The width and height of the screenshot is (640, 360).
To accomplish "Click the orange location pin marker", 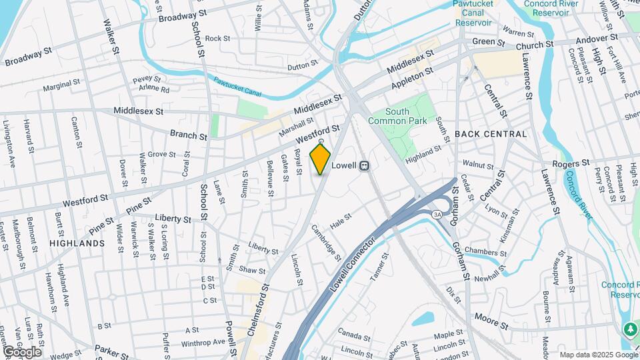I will pyautogui.click(x=321, y=159).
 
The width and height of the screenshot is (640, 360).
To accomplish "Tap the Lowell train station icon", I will pyautogui.click(x=365, y=166).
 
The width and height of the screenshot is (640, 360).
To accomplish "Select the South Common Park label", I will pyautogui.click(x=406, y=116).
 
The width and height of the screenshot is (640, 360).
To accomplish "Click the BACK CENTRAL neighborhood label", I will pyautogui.click(x=491, y=134).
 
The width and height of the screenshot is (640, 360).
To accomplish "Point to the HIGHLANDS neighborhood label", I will pyautogui.click(x=77, y=243).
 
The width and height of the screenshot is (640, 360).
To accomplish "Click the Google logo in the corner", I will pyautogui.click(x=22, y=352).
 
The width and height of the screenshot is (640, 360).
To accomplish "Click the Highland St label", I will pyautogui.click(x=423, y=152).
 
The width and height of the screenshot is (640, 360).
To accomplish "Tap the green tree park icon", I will pyautogui.click(x=629, y=329).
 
